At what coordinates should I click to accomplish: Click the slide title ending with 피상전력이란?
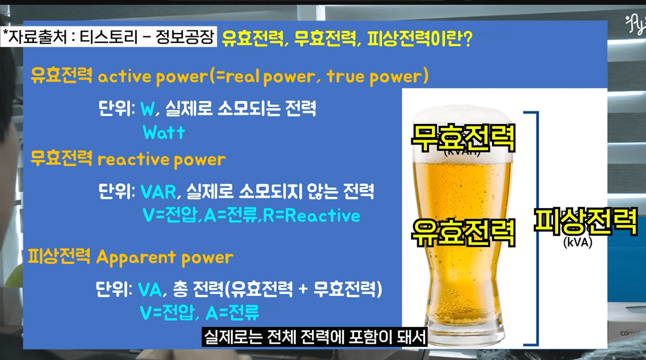point(347,38)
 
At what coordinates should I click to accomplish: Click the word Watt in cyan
point(163,133)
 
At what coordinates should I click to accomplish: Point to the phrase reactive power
point(161,159)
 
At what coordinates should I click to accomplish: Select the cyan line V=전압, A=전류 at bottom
point(199,313)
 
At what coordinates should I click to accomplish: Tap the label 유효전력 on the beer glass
point(463,232)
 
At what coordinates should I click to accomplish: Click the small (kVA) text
point(578,243)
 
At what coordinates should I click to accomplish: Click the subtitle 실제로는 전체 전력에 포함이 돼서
point(315,337)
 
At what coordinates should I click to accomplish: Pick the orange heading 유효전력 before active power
point(61,76)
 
